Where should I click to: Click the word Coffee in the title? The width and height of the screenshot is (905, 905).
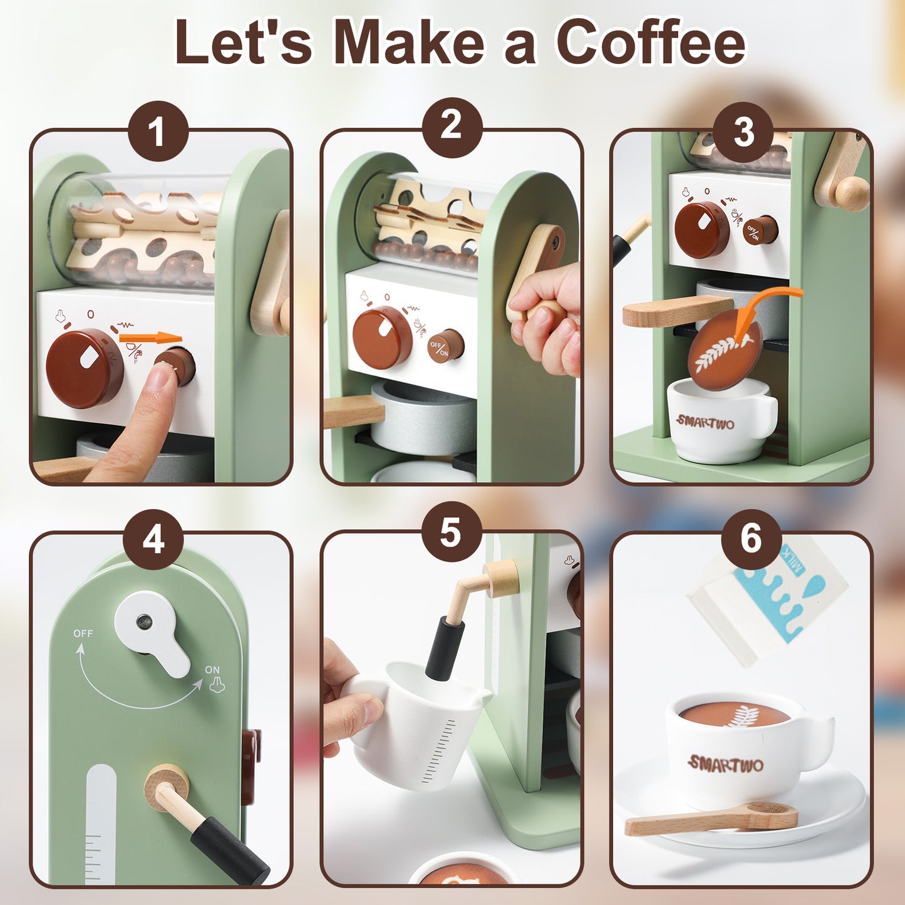tap(653, 41)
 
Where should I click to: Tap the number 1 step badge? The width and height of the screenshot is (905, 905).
tap(158, 132)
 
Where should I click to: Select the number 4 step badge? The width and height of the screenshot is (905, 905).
tap(153, 539)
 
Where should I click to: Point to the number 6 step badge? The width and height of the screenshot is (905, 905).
tap(752, 539)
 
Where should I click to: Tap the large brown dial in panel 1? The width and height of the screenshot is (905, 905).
tap(85, 367)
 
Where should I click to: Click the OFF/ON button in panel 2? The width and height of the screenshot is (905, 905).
tap(445, 346)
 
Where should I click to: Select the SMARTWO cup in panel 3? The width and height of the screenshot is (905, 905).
tap(722, 420)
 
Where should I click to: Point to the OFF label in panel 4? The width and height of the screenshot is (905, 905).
tap(83, 634)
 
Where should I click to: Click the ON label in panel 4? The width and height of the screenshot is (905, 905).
tap(212, 670)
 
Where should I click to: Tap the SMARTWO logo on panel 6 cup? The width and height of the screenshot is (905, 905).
tap(725, 764)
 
